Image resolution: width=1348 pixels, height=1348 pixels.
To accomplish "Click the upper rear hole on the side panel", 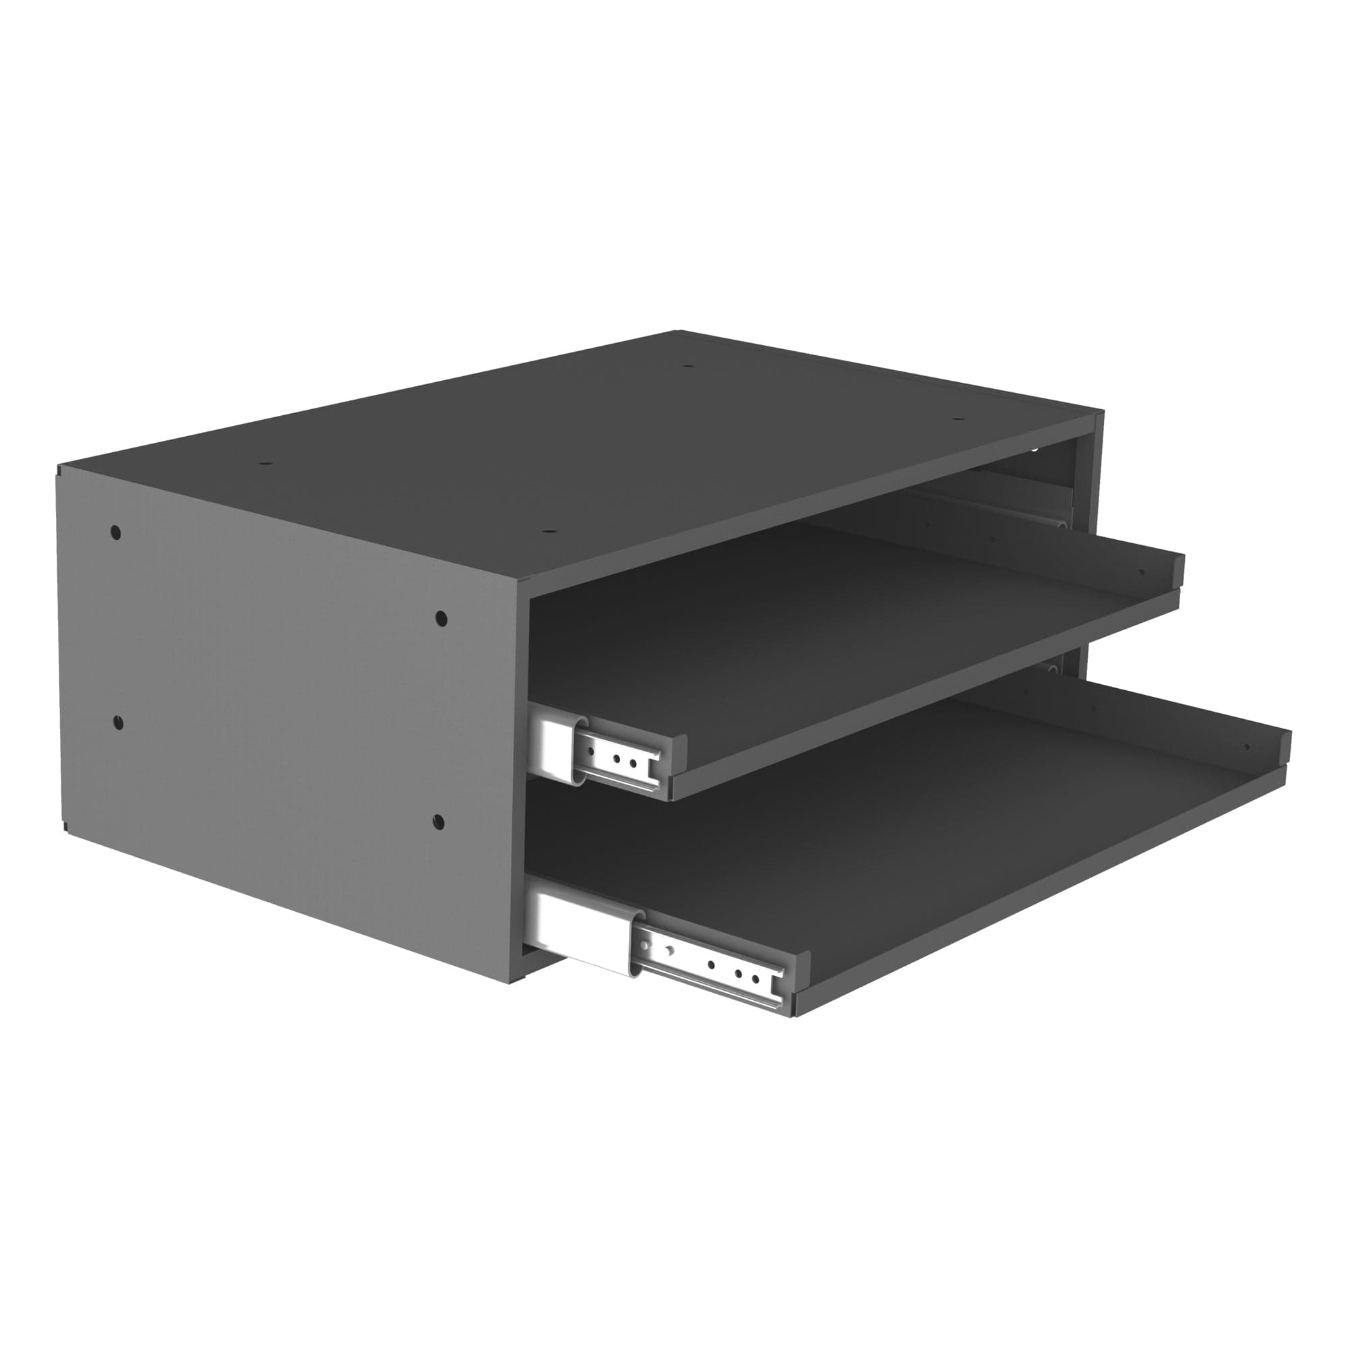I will (116, 533).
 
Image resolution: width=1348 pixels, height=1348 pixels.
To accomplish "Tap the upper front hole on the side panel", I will (441, 618).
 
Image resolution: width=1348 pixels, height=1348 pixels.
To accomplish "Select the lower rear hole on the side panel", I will (118, 721).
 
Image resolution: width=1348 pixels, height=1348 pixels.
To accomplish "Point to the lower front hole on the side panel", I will (438, 821).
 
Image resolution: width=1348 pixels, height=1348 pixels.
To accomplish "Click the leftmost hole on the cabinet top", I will (264, 463).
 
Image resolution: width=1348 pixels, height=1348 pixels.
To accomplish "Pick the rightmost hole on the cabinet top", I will (958, 419).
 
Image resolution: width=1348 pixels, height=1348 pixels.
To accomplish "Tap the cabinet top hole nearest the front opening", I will (549, 532).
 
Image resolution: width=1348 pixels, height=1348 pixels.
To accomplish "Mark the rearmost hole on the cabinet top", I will (687, 365).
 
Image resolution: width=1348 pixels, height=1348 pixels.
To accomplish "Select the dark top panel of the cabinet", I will (558, 454).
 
